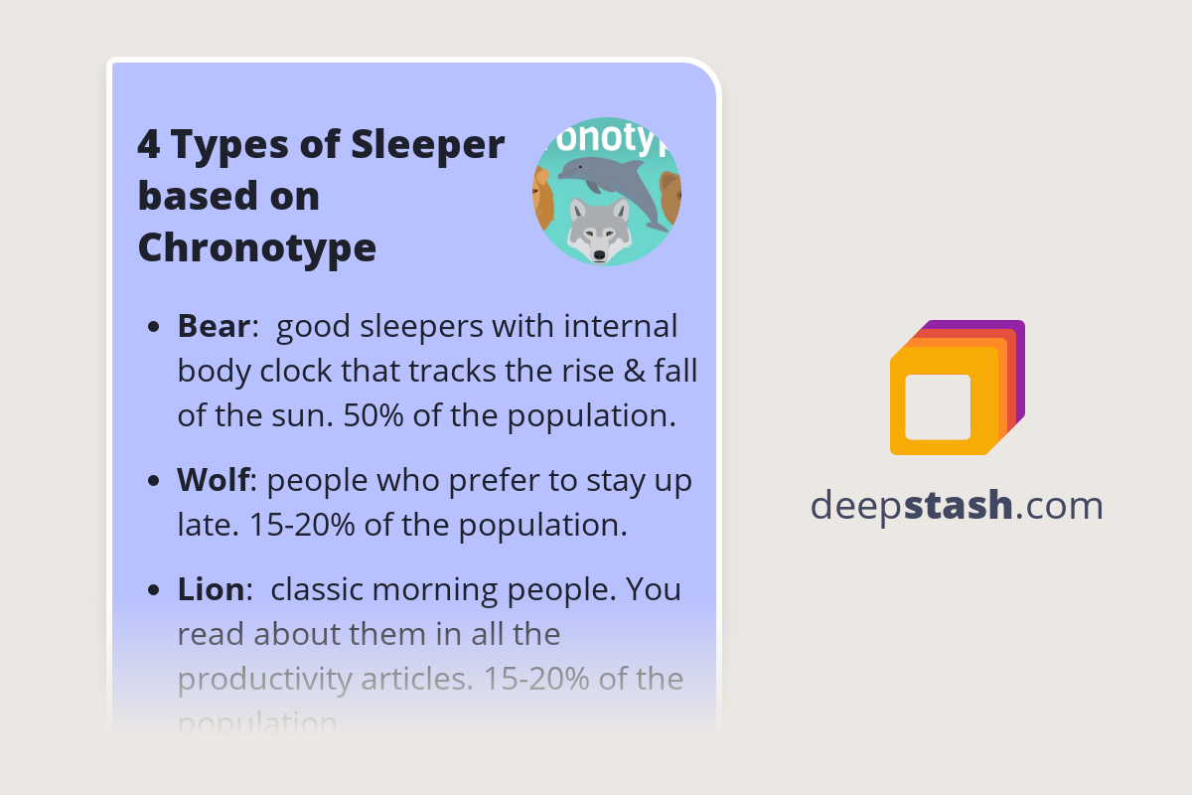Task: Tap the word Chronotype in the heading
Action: point(256,246)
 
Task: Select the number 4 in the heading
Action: point(148,146)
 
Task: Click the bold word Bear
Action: point(213,326)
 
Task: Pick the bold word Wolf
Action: point(213,480)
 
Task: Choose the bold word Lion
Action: point(210,589)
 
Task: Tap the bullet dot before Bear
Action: point(153,328)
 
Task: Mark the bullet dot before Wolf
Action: point(153,482)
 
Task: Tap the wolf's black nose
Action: point(599,255)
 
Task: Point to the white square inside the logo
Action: point(938,406)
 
